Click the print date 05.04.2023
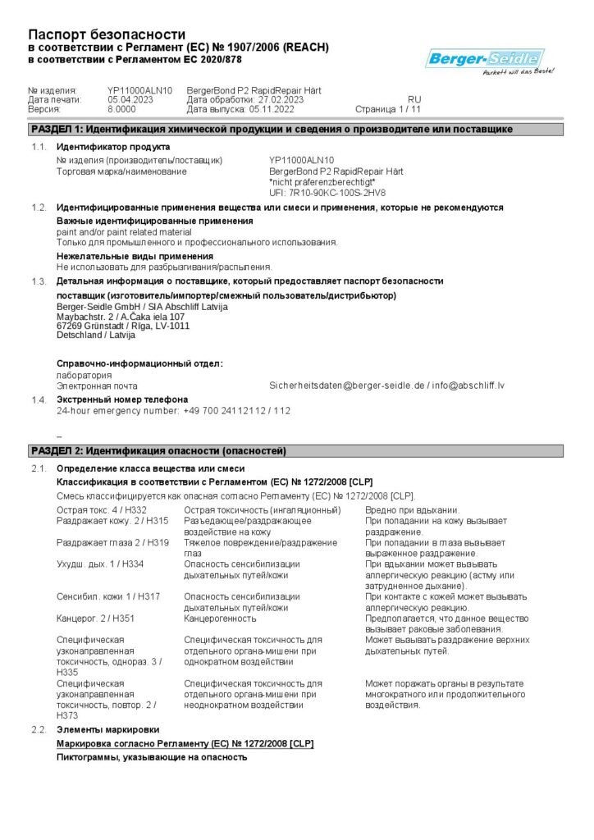pos(130,99)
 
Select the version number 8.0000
pos(121,108)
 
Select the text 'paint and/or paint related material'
pos(124,232)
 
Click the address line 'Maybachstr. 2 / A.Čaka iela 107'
pos(121,316)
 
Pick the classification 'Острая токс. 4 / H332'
pos(102,510)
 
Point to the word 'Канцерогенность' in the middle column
pos(221,619)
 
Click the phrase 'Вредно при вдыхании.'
pos(412,510)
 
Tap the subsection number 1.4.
pos(39,399)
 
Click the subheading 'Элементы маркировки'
pos(107,729)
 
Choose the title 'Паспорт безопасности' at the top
pos(107,34)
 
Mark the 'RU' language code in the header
pos(414,99)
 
